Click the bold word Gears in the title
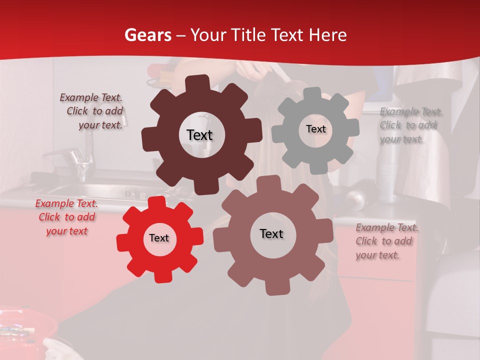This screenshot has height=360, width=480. pos(147,35)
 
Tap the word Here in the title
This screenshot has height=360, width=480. pos(327,35)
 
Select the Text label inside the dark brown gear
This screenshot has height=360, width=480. pos(199,135)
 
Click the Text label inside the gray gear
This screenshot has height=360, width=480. pos(315,129)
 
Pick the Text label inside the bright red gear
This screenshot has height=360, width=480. pos(159,238)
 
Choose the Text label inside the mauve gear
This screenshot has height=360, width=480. pos(271,233)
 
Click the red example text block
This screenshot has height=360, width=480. pos(66,217)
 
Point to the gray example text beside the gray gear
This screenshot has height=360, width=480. pos(411,125)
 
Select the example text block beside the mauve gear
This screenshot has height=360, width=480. pos(387,241)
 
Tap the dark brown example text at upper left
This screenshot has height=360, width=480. pos(91,111)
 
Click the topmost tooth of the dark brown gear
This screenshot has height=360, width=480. pos(199,83)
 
